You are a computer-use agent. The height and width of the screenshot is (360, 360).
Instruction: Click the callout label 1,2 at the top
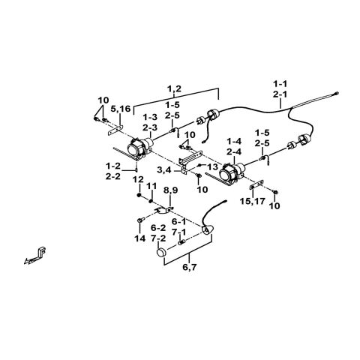pos(174,89)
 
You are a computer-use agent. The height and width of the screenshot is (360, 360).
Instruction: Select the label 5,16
pos(119,109)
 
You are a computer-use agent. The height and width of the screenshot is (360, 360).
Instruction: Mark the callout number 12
pos(138,179)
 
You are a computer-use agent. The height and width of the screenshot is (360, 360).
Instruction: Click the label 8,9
pos(170,190)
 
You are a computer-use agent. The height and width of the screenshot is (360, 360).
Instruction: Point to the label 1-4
pos(232,140)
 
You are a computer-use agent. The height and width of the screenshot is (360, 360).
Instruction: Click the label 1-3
pos(150,116)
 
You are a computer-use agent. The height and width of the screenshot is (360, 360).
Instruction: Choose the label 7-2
pos(157,237)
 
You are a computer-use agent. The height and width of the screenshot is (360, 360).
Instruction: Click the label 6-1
pos(179,222)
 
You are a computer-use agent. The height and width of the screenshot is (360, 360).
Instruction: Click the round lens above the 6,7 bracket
pos(160,255)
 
